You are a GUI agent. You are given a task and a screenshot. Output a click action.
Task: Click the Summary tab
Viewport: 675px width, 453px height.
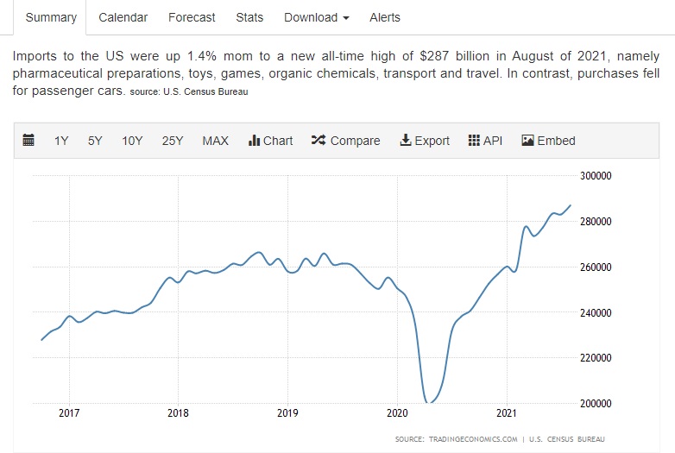pyautogui.click(x=51, y=17)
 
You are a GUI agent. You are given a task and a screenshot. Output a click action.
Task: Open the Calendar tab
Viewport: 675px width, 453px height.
pyautogui.click(x=123, y=17)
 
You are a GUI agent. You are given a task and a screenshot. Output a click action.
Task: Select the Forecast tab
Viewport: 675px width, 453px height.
pyautogui.click(x=192, y=17)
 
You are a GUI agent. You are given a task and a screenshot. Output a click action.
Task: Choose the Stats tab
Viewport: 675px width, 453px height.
pyautogui.click(x=250, y=17)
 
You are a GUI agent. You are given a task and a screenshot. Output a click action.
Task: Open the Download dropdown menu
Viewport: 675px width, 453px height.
pyautogui.click(x=317, y=17)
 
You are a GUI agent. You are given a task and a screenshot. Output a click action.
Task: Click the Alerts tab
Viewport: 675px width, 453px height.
pyautogui.click(x=385, y=17)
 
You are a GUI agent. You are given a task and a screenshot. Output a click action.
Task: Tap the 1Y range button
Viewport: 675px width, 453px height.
pyautogui.click(x=61, y=141)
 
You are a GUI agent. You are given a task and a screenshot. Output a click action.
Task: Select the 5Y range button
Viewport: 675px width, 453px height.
pyautogui.click(x=95, y=141)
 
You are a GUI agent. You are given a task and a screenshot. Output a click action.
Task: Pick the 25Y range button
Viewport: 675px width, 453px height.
pyautogui.click(x=173, y=141)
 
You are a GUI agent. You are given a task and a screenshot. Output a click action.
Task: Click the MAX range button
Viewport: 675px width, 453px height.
pyautogui.click(x=215, y=141)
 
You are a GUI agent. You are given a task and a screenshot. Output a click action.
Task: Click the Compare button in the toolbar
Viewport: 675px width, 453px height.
pyautogui.click(x=345, y=141)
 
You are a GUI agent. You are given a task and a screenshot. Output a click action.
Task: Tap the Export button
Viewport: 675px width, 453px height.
pyautogui.click(x=425, y=141)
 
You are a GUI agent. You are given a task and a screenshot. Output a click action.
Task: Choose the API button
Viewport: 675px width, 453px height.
pyautogui.click(x=485, y=141)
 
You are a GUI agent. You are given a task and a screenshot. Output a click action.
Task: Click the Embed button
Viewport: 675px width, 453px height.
pyautogui.click(x=548, y=141)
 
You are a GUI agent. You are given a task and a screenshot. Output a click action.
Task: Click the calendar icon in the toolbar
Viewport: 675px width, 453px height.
pyautogui.click(x=28, y=141)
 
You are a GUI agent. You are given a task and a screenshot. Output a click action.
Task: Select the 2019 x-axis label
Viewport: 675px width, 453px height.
pyautogui.click(x=287, y=413)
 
